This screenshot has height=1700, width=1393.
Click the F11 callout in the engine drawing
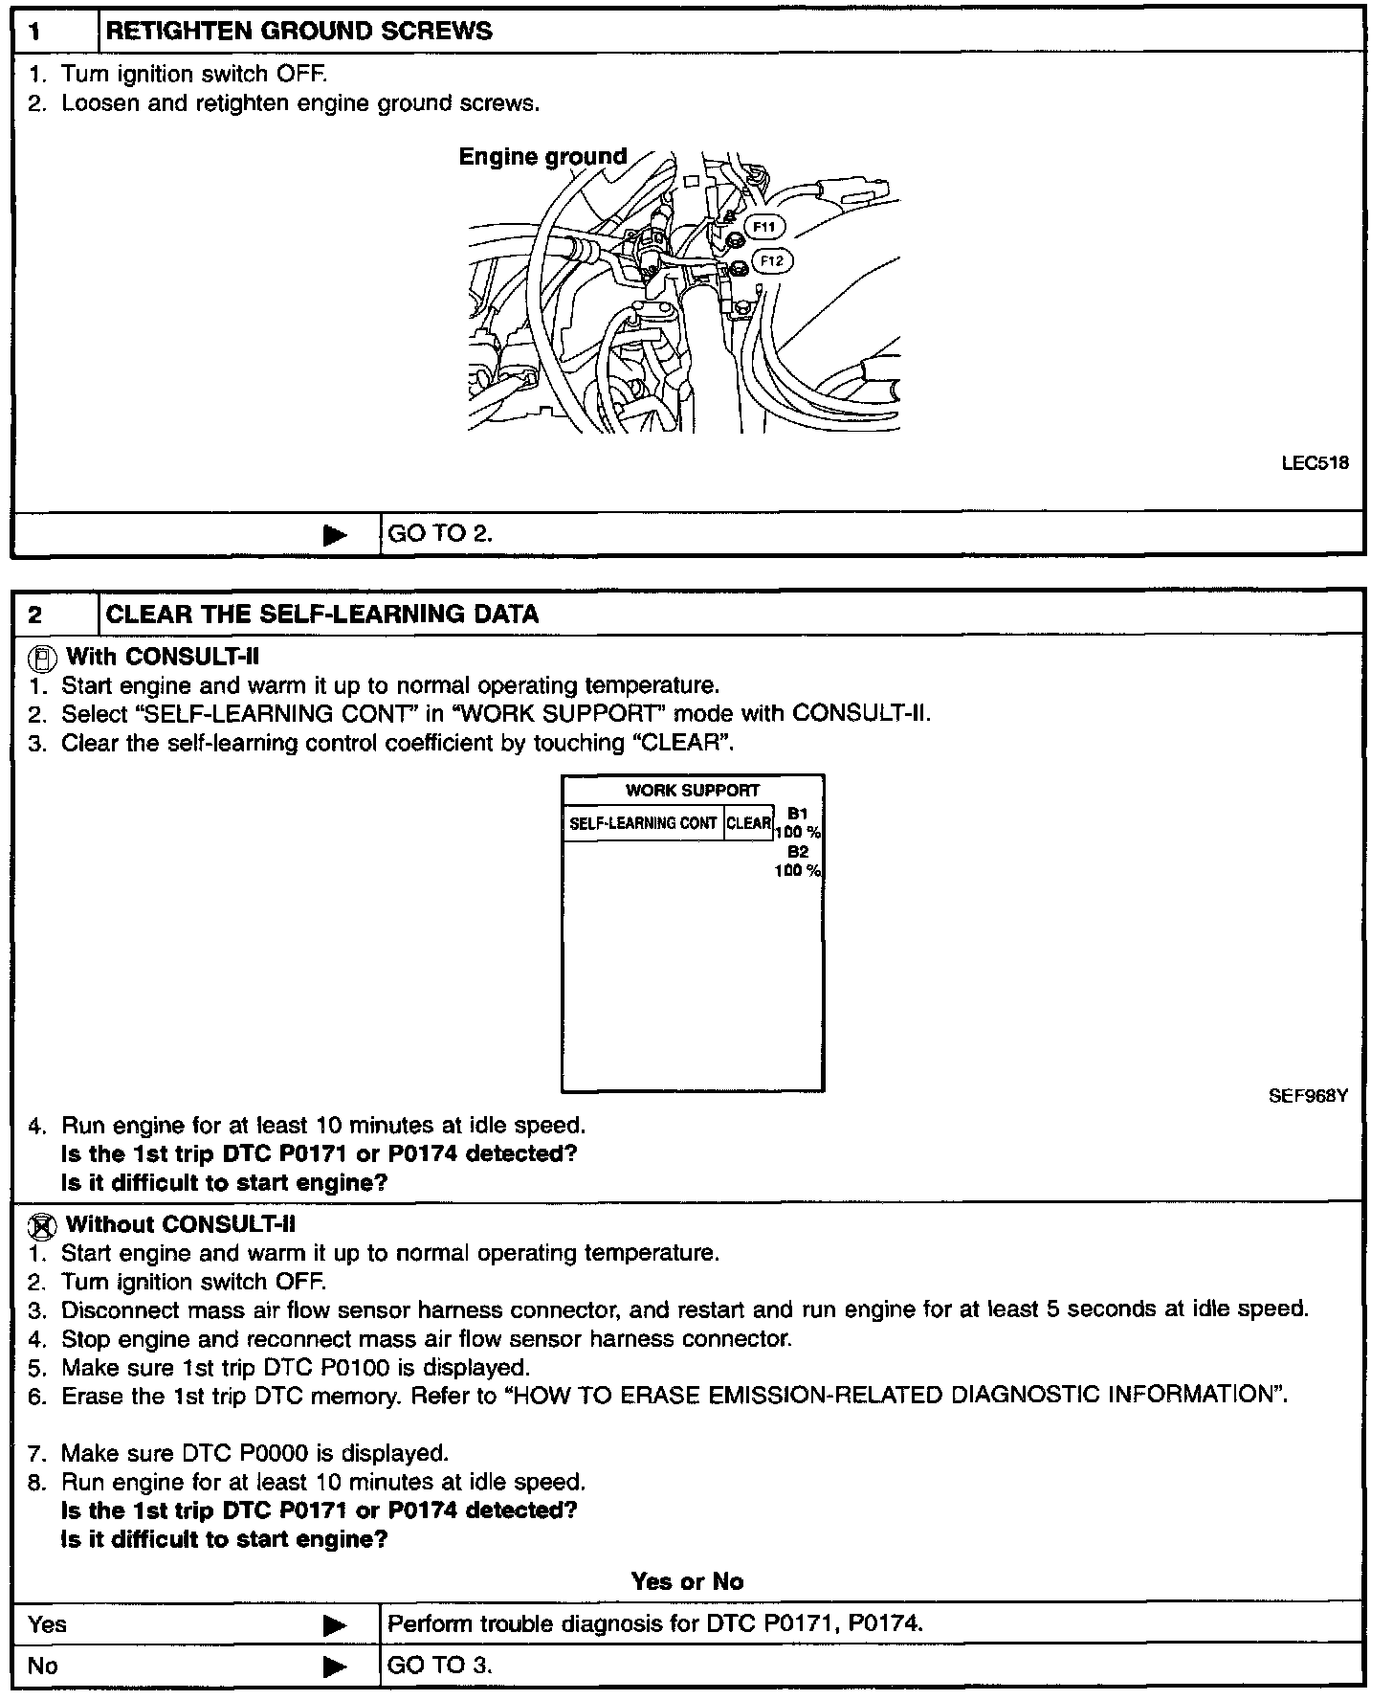764,227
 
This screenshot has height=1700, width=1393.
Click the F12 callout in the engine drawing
773,260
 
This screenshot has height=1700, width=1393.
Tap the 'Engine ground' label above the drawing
542,156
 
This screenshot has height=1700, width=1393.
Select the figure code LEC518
1315,463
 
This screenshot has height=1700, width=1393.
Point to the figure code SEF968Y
1308,1096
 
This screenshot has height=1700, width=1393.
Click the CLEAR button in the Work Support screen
749,823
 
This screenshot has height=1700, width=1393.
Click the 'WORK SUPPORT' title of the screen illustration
693,791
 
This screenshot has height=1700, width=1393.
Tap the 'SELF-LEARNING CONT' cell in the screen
643,823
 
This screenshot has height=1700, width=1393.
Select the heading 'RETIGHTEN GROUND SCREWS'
299,32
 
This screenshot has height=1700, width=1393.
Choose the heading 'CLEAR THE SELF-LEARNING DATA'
322,615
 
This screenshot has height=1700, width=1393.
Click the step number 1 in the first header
35,32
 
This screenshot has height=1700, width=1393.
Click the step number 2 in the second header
35,615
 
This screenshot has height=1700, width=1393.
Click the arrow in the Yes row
335,1624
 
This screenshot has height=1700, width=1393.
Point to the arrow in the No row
335,1666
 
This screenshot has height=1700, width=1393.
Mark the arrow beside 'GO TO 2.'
335,534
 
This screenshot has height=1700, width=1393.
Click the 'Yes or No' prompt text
687,1582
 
